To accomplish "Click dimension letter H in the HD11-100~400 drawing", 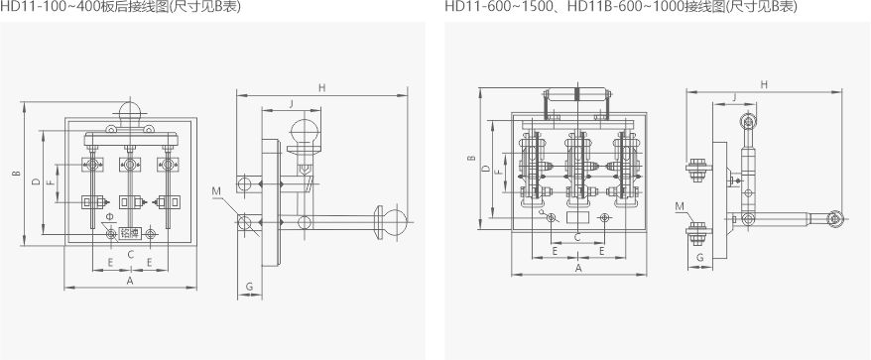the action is (321, 87).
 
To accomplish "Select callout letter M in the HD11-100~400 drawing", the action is (216, 191).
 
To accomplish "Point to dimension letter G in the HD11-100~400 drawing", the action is (249, 287).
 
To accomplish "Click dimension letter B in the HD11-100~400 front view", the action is (17, 174).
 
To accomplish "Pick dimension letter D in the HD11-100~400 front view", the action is (36, 181).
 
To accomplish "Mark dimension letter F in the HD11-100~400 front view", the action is (50, 182).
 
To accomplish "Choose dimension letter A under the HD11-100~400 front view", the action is (131, 281).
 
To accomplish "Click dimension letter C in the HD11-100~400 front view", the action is (131, 255).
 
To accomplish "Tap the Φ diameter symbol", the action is (109, 215).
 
